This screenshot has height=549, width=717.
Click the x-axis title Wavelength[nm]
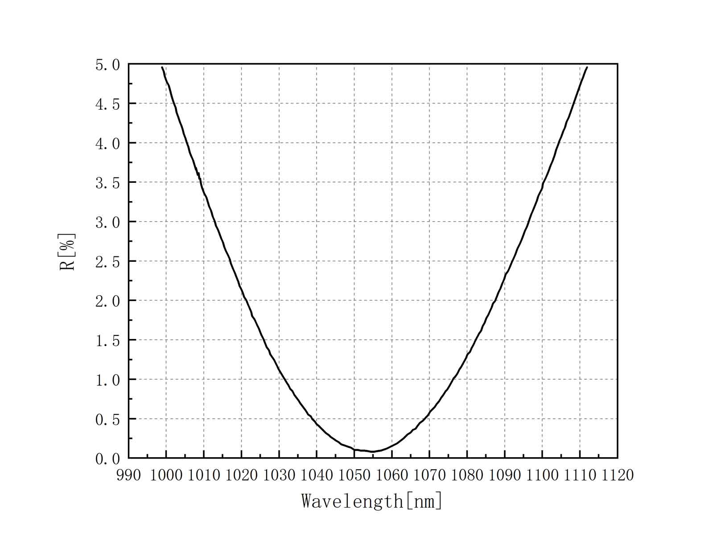point(372,501)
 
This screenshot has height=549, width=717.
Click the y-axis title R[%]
point(68,252)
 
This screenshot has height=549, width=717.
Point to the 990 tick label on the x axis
point(128,475)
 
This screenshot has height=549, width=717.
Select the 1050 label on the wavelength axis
point(354,475)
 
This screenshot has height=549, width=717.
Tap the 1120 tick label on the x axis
point(617,475)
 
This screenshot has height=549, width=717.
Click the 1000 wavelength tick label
point(166,475)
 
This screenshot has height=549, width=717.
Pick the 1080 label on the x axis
point(467,475)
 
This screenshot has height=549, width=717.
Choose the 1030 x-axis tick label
point(279,475)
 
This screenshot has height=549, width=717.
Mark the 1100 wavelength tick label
point(542,475)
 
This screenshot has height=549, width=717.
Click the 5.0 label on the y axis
point(107,65)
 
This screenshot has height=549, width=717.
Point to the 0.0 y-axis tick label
point(107,459)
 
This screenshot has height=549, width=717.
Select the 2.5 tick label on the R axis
point(107,262)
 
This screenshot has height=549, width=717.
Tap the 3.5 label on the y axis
point(107,183)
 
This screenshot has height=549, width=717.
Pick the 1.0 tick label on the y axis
point(107,380)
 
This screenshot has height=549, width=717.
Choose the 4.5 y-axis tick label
point(107,104)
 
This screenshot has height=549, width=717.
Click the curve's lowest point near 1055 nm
point(373,451)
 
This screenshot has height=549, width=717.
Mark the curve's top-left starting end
point(162,67)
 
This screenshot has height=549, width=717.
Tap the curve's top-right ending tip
point(587,67)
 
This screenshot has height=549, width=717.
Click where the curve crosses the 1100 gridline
point(542,186)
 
